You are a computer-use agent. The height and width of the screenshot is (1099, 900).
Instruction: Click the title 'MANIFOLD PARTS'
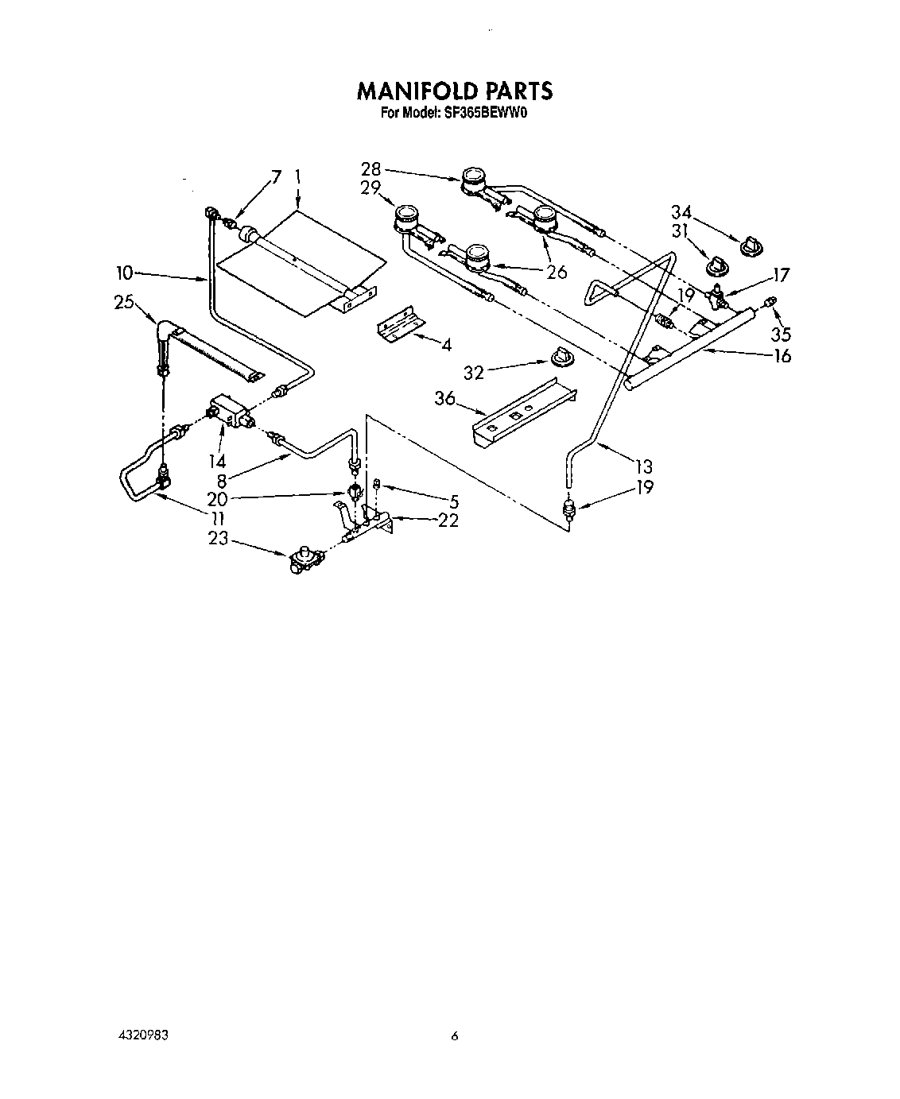point(454,91)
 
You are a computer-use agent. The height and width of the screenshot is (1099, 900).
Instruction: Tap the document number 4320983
point(145,1035)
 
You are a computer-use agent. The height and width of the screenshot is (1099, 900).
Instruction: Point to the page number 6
point(455,1035)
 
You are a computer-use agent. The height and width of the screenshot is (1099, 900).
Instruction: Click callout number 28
point(370,169)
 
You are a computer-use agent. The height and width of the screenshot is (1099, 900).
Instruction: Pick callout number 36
point(444,399)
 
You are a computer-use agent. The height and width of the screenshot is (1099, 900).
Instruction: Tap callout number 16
point(782,355)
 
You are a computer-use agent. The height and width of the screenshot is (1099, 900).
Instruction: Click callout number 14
point(216,460)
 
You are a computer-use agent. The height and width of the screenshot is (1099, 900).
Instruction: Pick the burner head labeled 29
point(406,215)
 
